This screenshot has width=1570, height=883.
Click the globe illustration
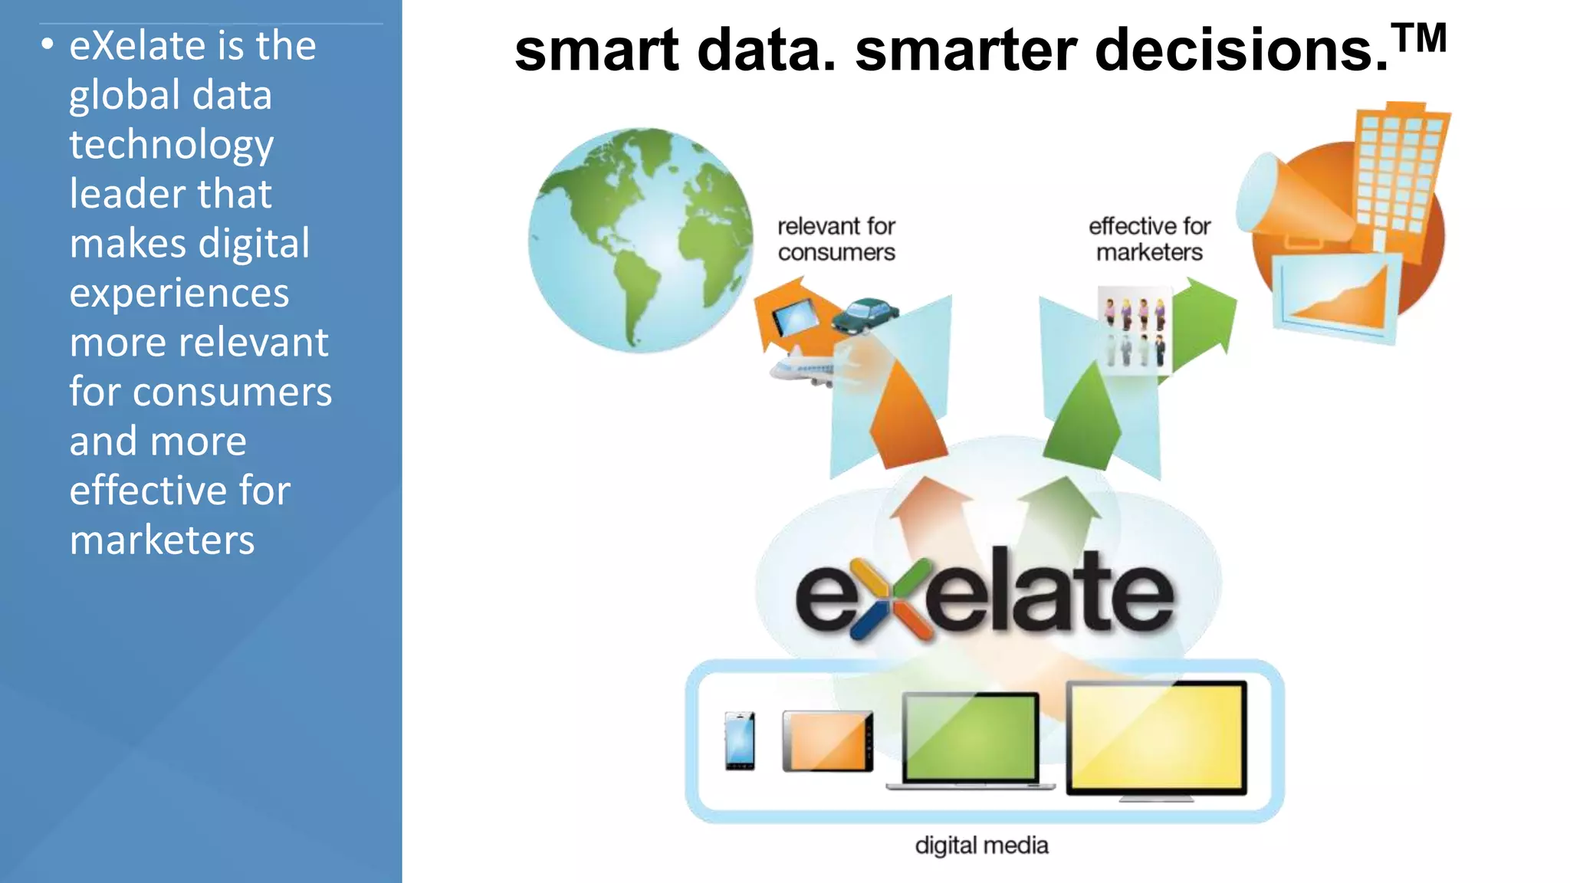click(x=641, y=241)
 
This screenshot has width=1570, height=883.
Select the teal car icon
click(x=865, y=315)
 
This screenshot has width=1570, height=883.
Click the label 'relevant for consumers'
click(x=836, y=239)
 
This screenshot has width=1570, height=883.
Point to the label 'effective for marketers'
click(x=1149, y=239)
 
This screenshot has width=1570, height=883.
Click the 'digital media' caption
click(x=981, y=845)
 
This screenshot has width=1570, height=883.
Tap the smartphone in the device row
click(x=740, y=740)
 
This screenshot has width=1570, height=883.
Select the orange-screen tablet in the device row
click(x=827, y=741)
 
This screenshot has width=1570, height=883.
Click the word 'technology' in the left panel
click(x=172, y=146)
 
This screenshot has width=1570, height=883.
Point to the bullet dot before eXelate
click(x=48, y=44)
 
